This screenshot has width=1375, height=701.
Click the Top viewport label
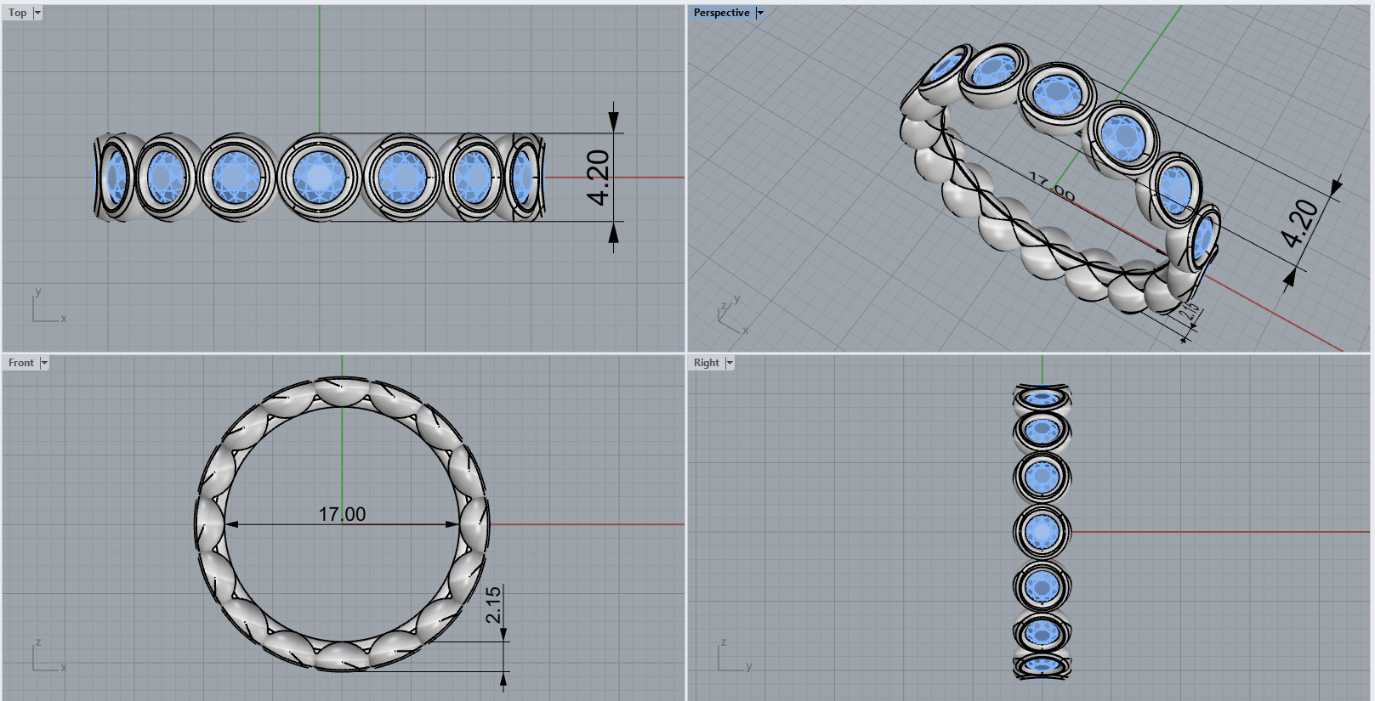(x=17, y=13)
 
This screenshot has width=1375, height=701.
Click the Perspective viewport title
(x=721, y=13)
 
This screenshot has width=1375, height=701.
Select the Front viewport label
(x=21, y=363)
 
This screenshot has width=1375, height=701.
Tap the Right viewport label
(x=706, y=363)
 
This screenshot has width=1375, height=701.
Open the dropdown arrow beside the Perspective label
(x=760, y=13)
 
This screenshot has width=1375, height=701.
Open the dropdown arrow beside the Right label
(x=730, y=363)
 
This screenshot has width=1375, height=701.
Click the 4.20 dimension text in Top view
(x=599, y=178)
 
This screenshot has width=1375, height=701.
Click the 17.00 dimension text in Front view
(x=342, y=514)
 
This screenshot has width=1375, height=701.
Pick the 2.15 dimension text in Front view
(x=493, y=605)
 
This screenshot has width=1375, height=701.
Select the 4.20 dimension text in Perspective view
(x=1300, y=223)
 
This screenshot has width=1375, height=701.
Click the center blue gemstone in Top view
(x=319, y=178)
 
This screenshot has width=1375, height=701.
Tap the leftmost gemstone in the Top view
(x=115, y=178)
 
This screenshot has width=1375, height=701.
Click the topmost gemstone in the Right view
(x=1042, y=398)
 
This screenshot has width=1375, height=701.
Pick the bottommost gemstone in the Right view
(x=1042, y=665)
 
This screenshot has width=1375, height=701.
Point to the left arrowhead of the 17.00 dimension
(x=231, y=524)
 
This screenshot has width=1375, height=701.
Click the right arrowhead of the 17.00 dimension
(x=453, y=524)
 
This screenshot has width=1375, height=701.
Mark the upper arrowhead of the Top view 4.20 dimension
(x=613, y=122)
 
